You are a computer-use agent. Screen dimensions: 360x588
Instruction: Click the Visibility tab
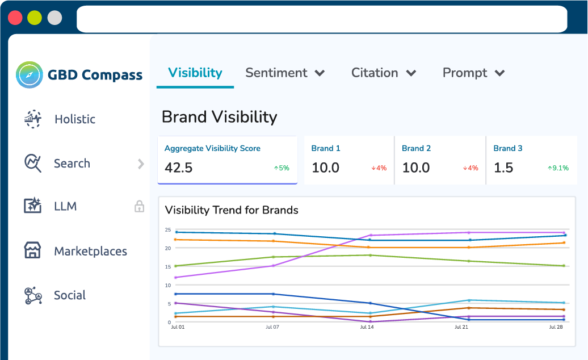(195, 73)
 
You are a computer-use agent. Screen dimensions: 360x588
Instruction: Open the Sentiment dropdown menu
(320, 73)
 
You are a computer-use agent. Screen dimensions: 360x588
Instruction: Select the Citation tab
(375, 73)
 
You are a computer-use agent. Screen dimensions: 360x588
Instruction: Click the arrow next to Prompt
(499, 73)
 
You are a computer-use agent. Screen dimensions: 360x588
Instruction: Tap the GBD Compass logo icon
(30, 74)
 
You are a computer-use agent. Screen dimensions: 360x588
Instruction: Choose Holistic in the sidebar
(74, 119)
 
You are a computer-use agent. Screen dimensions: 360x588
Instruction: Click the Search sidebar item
(72, 164)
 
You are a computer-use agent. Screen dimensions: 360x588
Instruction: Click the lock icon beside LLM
(139, 207)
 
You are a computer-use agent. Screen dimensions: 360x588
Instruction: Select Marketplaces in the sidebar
(90, 251)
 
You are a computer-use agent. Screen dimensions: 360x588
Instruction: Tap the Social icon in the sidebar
(33, 295)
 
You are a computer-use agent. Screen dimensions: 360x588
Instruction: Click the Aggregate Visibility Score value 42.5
(178, 168)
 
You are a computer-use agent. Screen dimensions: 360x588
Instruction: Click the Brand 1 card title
(326, 148)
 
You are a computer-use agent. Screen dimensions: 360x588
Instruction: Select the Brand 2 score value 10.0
(416, 168)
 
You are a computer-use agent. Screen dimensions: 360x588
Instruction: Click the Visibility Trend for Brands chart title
(232, 210)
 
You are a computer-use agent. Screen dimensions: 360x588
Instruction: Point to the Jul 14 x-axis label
(368, 328)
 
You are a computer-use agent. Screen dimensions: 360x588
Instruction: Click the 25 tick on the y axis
(167, 230)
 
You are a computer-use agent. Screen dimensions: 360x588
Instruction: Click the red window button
(15, 18)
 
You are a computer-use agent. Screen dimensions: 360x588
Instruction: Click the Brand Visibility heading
(219, 117)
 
